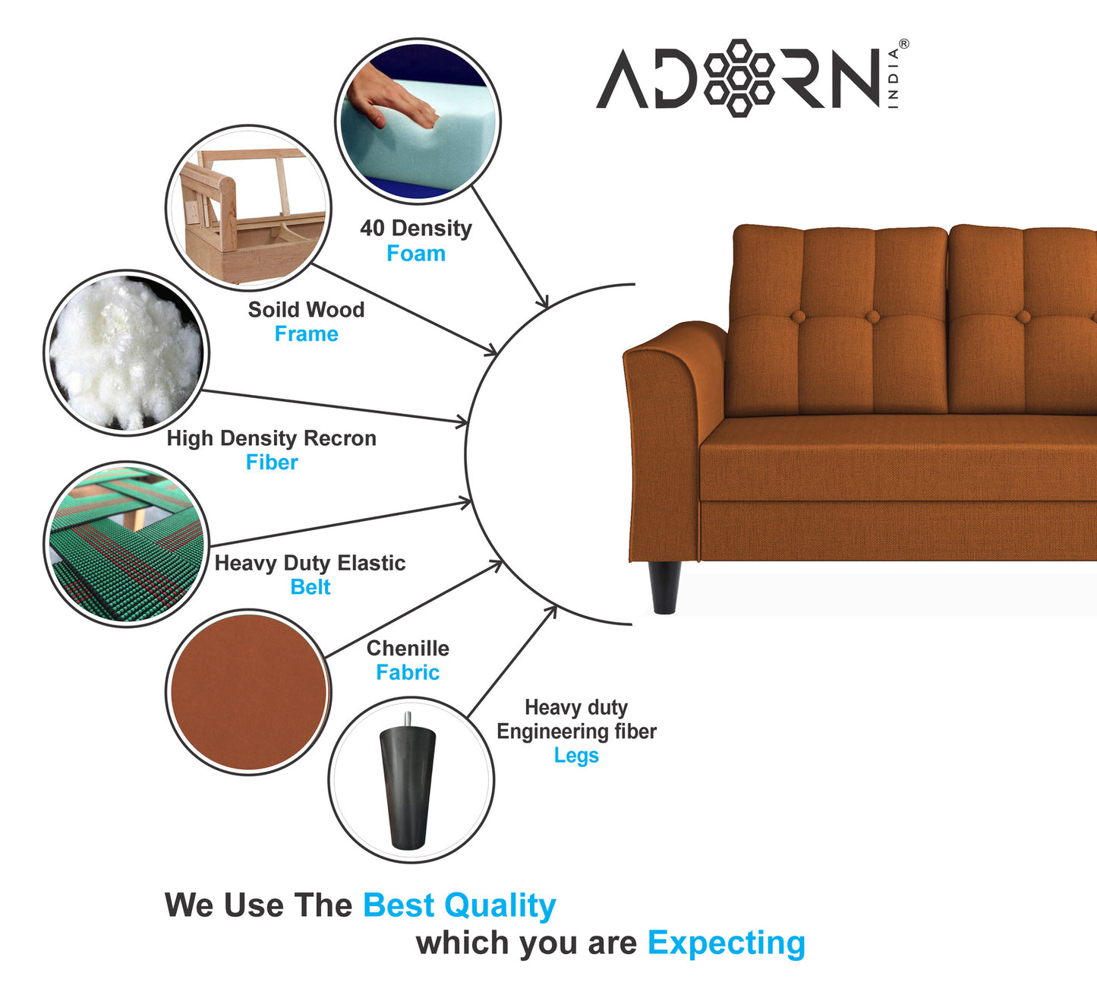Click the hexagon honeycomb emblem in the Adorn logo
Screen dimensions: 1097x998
click(x=739, y=78)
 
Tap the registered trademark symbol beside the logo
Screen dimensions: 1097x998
click(x=903, y=44)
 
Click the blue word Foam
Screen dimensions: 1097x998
click(x=416, y=254)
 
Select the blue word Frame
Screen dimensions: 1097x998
click(x=306, y=333)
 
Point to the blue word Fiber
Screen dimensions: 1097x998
click(x=272, y=463)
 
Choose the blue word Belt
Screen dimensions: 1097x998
click(x=310, y=587)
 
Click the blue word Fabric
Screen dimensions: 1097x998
click(x=408, y=672)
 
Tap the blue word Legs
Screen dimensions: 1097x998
click(x=576, y=756)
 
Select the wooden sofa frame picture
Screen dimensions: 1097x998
click(x=248, y=207)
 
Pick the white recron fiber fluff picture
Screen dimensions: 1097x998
click(x=126, y=353)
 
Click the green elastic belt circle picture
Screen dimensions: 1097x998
click(x=126, y=544)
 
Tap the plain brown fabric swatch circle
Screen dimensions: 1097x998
click(x=248, y=692)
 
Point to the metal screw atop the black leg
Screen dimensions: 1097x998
click(x=408, y=719)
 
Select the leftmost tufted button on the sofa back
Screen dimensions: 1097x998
click(x=798, y=316)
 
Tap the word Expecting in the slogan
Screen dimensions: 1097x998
click(x=727, y=943)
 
